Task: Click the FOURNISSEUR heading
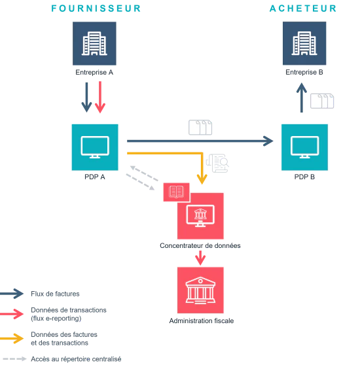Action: point(96,9)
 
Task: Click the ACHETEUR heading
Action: point(303,9)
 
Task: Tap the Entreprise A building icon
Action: point(94,44)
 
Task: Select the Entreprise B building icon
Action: point(304,43)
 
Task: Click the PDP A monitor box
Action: point(95,147)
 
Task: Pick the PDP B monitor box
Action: point(304,147)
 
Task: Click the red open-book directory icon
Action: point(176,192)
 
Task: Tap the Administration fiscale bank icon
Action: point(200,290)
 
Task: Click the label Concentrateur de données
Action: point(200,245)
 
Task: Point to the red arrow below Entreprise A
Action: point(100,97)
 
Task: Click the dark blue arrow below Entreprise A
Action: point(86,97)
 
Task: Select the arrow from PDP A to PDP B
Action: point(200,141)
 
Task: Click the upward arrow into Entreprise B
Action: point(302,97)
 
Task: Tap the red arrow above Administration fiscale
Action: point(200,258)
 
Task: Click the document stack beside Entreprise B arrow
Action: point(322,101)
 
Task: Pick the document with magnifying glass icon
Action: point(217,163)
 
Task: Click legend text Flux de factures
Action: point(55,294)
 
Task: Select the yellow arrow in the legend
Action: point(12,338)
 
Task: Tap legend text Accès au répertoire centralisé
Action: point(76,359)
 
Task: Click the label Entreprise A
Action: point(94,73)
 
